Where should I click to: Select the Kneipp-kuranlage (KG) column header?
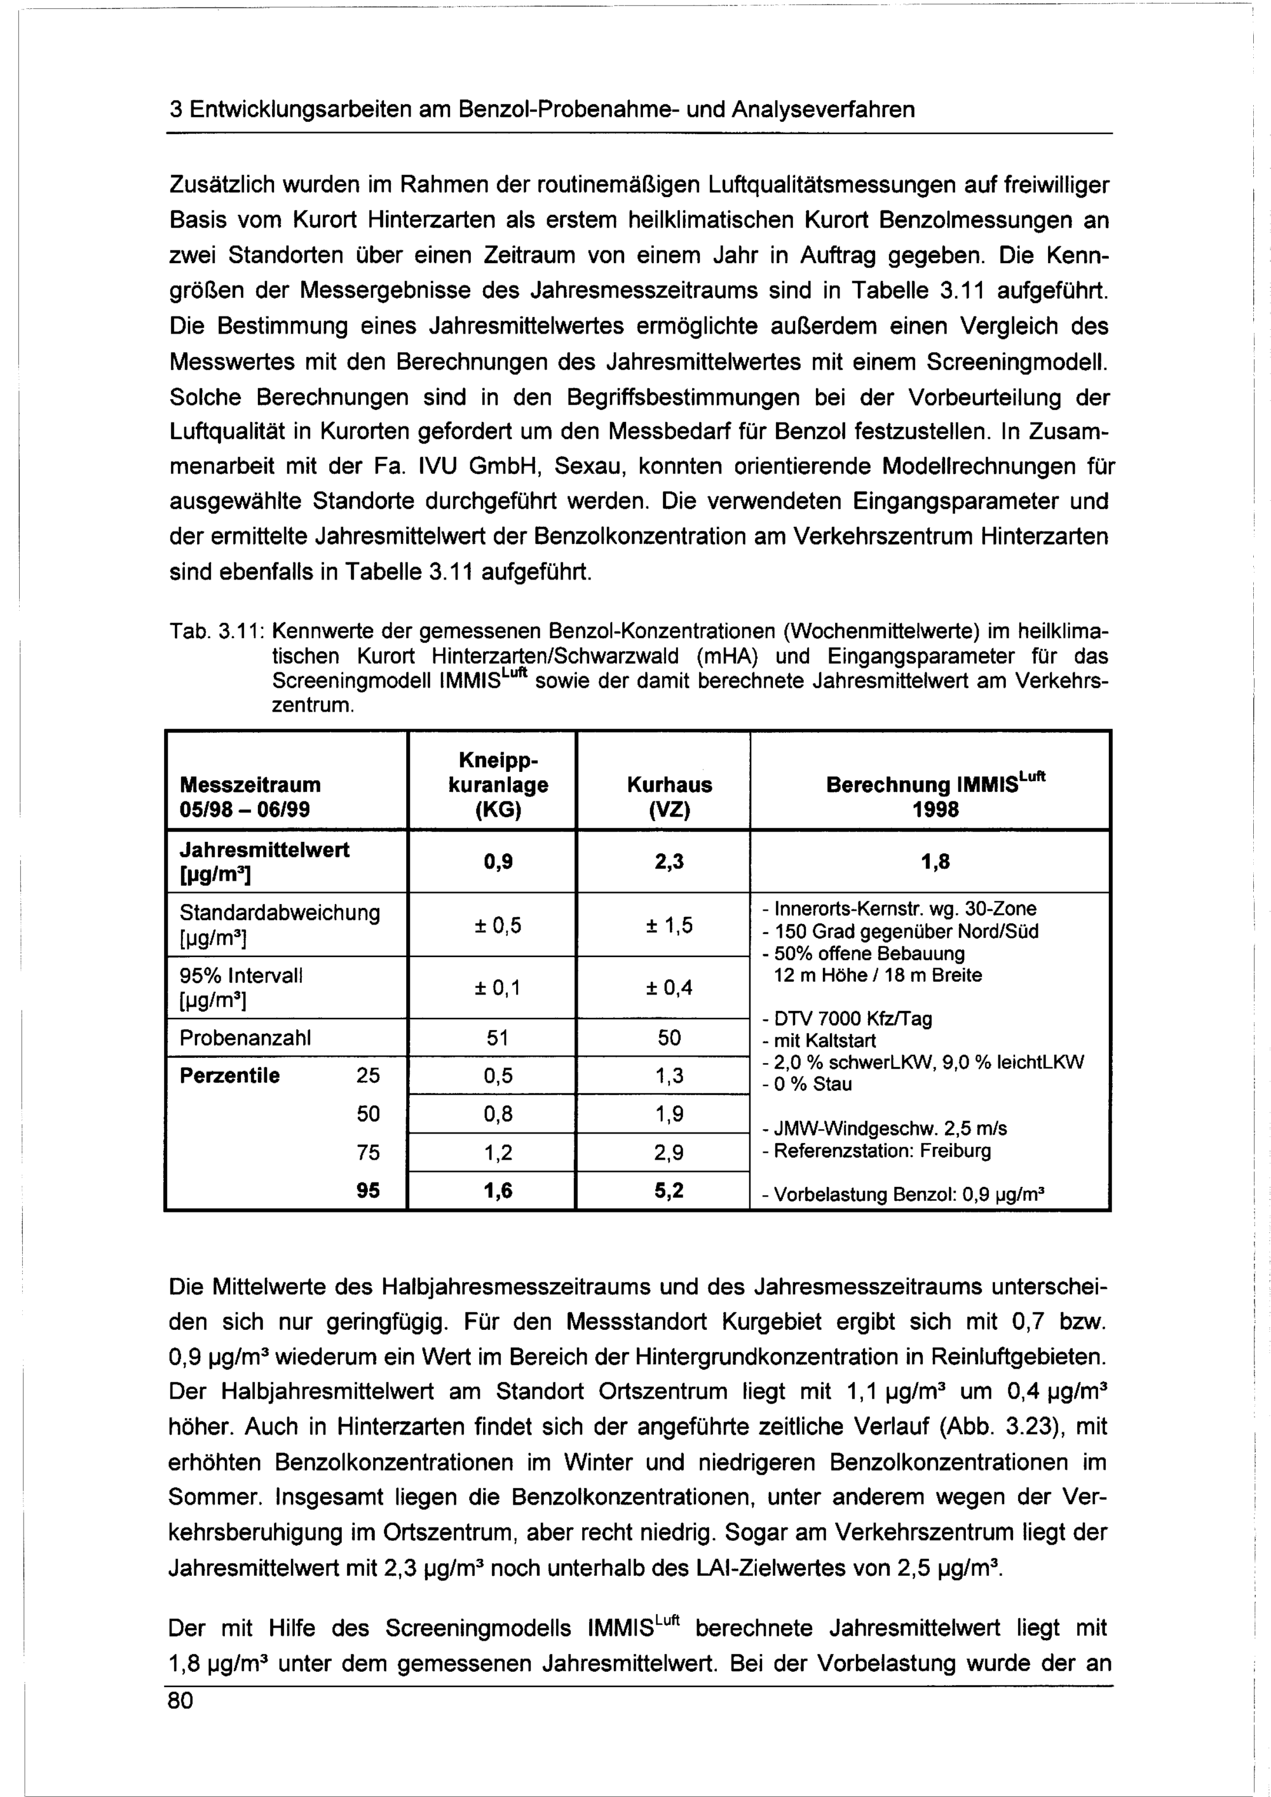pyautogui.click(x=498, y=784)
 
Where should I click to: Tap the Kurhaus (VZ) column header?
pyautogui.click(x=669, y=796)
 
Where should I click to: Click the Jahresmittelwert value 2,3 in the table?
pyautogui.click(x=669, y=862)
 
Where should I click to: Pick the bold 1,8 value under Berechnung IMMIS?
pyautogui.click(x=935, y=862)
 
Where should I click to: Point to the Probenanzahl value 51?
pyautogui.click(x=498, y=1038)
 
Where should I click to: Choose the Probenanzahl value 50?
pyautogui.click(x=669, y=1038)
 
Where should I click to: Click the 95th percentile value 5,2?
pyautogui.click(x=669, y=1190)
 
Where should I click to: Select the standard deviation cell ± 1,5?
pyautogui.click(x=669, y=926)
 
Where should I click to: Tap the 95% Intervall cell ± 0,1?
pyautogui.click(x=498, y=987)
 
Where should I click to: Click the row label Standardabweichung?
pyautogui.click(x=280, y=913)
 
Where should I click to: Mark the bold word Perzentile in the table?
pyautogui.click(x=229, y=1075)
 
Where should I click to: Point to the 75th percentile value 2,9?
pyautogui.click(x=669, y=1152)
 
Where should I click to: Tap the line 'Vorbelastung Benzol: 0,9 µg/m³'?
pyautogui.click(x=909, y=1195)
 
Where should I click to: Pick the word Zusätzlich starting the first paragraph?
pyautogui.click(x=217, y=186)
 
